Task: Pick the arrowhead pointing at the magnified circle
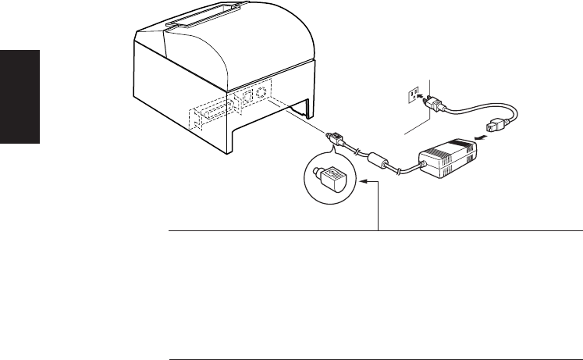(363, 184)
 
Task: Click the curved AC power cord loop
(477, 109)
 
